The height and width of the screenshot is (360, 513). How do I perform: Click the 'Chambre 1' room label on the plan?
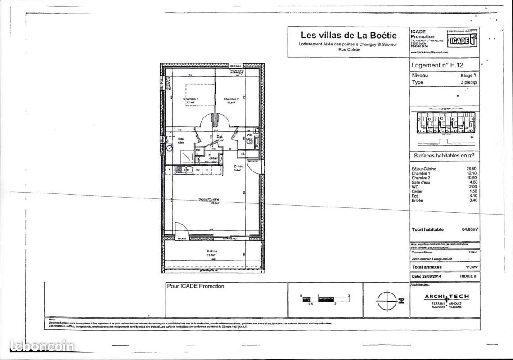[190, 99]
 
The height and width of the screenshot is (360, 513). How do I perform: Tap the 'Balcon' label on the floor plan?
[212, 251]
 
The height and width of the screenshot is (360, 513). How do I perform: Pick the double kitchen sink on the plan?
[184, 170]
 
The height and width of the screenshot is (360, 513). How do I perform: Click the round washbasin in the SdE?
[169, 148]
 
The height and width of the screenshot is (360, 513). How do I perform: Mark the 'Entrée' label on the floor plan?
[238, 166]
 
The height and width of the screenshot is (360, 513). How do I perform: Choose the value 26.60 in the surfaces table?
[471, 169]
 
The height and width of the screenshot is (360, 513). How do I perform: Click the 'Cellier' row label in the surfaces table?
[418, 191]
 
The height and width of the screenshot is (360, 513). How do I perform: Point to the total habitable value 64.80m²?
[470, 229]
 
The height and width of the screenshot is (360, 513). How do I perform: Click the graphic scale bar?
[325, 299]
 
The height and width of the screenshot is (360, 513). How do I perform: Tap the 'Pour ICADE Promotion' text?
[195, 286]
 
